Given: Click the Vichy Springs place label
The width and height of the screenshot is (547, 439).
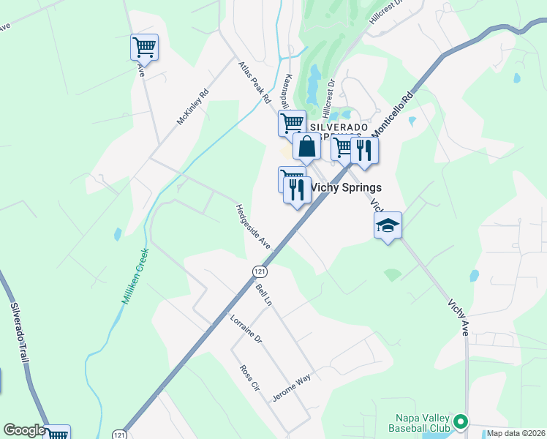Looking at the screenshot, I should pos(347,187).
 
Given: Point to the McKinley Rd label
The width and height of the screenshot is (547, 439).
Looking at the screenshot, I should pos(192,107).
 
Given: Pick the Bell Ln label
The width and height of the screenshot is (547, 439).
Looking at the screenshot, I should pos(263,295).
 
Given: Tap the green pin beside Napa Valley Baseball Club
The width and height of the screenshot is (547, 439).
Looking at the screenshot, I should pos(460,421).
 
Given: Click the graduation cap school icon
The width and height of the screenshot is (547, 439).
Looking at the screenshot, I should pos(388,226).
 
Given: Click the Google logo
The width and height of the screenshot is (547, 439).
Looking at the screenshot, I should pos(24,430).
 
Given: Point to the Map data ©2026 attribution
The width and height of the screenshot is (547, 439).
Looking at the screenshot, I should pos(516,433).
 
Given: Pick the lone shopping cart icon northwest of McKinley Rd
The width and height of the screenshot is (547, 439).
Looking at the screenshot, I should pos(144,48).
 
